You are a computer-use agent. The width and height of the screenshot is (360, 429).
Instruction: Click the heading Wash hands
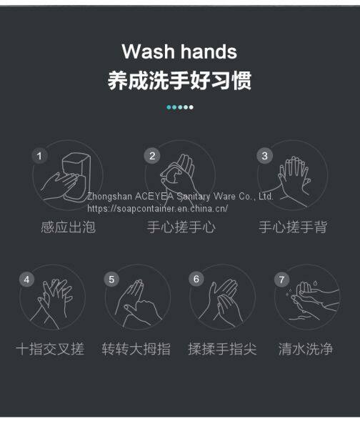(x=179, y=51)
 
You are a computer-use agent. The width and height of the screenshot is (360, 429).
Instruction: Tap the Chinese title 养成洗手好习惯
(x=179, y=80)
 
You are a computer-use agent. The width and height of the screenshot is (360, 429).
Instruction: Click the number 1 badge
(x=39, y=156)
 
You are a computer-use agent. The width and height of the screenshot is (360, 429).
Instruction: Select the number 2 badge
(x=152, y=156)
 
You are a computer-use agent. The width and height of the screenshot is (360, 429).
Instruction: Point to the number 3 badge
(x=264, y=156)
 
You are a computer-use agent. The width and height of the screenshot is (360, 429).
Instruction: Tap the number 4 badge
(x=27, y=280)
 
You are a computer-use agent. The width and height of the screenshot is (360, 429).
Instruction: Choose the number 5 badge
(x=111, y=280)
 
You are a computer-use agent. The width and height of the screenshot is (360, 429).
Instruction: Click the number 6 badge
(x=196, y=279)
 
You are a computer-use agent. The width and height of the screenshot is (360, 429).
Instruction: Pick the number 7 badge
(x=282, y=280)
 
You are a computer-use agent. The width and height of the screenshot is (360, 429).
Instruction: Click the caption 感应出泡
(x=69, y=227)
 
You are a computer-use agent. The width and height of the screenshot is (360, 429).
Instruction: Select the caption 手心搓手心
(x=181, y=227)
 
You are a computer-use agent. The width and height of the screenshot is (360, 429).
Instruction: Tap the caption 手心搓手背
(x=293, y=227)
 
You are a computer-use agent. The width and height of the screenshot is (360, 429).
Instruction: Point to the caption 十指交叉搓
(x=50, y=349)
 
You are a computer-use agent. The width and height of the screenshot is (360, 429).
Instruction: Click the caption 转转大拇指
(x=136, y=349)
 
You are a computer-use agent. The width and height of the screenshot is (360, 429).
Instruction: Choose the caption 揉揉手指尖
(x=222, y=349)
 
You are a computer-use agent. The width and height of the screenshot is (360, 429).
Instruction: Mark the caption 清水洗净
(x=306, y=349)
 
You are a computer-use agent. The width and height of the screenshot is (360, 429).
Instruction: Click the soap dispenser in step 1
(x=76, y=177)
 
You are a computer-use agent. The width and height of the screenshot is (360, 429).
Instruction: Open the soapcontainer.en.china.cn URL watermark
(x=157, y=209)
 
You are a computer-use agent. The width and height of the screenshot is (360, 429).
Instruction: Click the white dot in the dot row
(x=191, y=107)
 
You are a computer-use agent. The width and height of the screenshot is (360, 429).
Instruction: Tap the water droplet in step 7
(x=316, y=283)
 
